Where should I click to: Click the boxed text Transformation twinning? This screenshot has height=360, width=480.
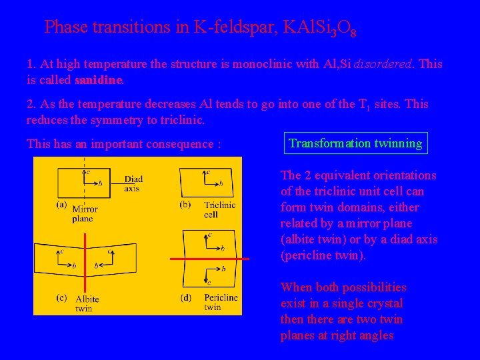click(355, 143)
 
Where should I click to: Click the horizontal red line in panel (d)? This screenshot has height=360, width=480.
click(209, 259)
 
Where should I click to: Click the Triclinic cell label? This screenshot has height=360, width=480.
click(219, 210)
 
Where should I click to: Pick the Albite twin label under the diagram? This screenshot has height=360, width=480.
click(87, 303)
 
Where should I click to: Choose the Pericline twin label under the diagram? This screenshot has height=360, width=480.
click(221, 303)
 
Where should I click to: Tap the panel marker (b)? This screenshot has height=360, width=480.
click(185, 205)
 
